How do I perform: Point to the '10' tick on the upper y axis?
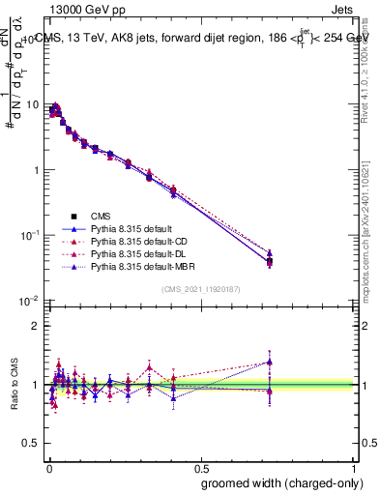(33, 104)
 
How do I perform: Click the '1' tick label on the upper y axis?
(36, 170)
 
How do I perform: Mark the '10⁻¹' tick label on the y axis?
(31, 235)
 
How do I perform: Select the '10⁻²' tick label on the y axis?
(31, 301)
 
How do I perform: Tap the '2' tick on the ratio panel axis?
(36, 326)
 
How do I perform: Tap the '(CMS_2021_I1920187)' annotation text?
(200, 289)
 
